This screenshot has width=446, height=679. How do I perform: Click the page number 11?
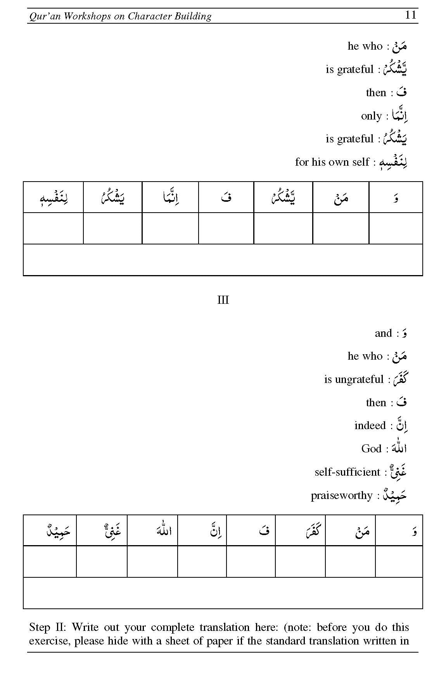410,15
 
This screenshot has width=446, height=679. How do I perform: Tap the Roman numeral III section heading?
223,300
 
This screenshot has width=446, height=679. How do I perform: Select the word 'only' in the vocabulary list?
371,116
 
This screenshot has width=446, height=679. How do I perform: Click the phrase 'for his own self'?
332,162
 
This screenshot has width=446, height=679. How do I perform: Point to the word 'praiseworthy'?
341,495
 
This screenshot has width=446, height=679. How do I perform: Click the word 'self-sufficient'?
347,472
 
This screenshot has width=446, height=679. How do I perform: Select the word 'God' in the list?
371,449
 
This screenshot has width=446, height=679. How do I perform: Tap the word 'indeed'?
370,426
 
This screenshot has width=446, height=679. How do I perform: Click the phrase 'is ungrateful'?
354,379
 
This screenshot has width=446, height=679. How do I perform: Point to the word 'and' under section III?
383,333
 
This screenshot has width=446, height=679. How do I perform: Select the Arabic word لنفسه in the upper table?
54,198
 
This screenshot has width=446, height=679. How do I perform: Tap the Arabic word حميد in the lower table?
58,530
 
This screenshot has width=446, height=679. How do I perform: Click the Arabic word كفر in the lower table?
312,530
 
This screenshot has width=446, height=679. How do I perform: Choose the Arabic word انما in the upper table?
171,197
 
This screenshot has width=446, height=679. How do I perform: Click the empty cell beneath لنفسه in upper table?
54,228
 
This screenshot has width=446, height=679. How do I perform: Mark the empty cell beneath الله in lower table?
152,561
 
